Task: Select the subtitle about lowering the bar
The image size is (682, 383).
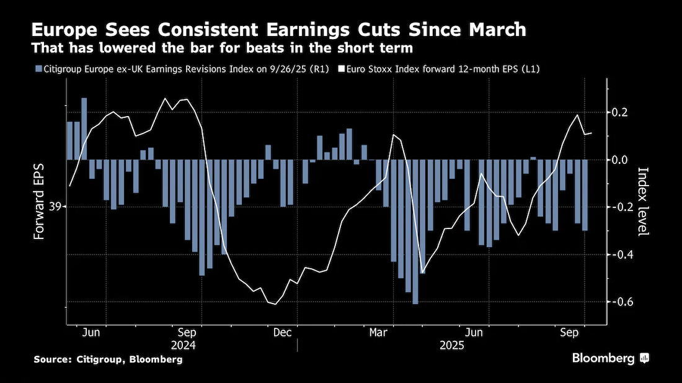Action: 222,48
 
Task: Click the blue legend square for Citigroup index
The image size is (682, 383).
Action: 38,69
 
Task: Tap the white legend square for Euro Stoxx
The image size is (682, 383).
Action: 341,69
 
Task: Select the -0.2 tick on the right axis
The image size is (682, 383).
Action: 617,207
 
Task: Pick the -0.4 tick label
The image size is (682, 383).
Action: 617,254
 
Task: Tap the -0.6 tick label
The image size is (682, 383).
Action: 617,302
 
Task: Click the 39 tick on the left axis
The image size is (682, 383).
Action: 55,207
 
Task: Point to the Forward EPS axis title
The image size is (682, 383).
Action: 39,202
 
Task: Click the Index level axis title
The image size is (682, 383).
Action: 644,202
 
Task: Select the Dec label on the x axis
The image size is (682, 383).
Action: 282,333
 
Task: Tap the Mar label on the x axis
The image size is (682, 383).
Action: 378,333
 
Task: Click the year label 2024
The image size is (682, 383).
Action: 183,346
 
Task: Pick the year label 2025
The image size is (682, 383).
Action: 452,346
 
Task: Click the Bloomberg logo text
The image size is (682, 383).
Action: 603,358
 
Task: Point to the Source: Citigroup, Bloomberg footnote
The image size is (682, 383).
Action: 108,359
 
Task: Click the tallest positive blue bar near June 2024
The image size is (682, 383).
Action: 84,129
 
